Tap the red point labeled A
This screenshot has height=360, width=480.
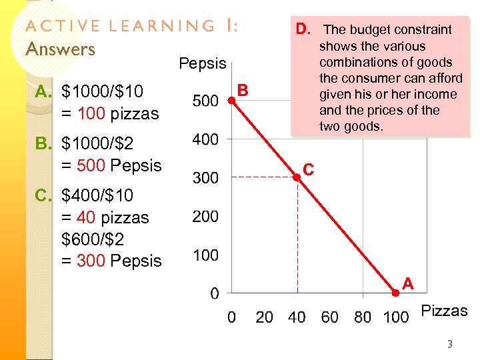point(395,292)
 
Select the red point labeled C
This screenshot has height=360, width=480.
point(297,177)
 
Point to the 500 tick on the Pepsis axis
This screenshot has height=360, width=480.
point(205,101)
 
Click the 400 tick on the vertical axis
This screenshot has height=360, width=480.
point(205,140)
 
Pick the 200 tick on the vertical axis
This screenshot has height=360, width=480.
point(205,217)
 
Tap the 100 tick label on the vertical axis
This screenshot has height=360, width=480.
point(205,255)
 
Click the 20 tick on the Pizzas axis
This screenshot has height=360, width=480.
point(265,317)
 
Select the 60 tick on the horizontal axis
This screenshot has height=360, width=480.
point(330,317)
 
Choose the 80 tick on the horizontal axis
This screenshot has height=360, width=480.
point(363,317)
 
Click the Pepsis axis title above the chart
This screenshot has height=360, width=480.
point(203,64)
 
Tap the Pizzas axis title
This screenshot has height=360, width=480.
point(445,311)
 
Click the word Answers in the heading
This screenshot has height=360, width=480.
point(60,49)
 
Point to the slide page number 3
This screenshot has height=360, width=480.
point(449,345)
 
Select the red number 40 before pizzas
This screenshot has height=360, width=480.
point(85,218)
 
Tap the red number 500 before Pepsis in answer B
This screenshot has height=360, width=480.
point(91,165)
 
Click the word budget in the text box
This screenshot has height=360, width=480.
point(371,30)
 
